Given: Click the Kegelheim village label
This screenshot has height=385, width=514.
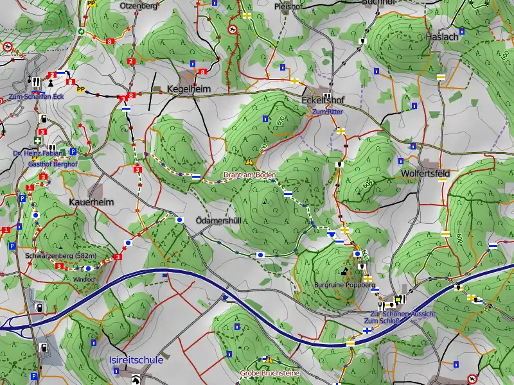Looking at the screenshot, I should [188, 89].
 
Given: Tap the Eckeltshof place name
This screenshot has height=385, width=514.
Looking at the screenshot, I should [323, 100].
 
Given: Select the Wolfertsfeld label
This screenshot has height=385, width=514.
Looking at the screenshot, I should [425, 174].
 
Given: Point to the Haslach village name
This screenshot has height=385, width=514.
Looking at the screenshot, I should [442, 37].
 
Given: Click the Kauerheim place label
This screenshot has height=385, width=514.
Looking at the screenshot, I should [91, 201].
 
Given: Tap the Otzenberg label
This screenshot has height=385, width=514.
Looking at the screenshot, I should [138, 6].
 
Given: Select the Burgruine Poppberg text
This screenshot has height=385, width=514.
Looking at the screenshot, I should [344, 284].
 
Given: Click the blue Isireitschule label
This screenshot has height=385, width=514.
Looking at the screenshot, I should [136, 361].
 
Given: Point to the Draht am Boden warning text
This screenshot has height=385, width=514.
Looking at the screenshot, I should [249, 175].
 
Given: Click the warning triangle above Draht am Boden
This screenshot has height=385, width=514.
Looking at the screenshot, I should [249, 161].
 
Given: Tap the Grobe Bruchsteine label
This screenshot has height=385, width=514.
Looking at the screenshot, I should [269, 372].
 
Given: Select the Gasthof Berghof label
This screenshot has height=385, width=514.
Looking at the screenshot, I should [53, 164].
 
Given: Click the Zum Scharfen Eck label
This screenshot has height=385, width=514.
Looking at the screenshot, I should [37, 96].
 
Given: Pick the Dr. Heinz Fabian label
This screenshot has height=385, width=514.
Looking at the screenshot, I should [39, 153].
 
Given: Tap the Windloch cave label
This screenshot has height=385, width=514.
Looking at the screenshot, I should [84, 280].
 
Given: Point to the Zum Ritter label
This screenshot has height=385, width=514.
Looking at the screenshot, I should [328, 112].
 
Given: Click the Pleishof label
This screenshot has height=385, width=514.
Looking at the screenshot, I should [288, 7].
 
